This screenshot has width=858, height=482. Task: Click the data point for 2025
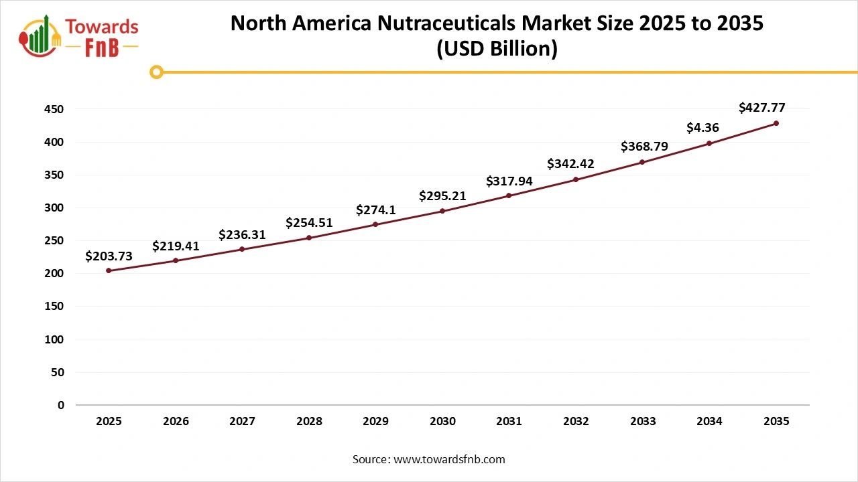(x=109, y=270)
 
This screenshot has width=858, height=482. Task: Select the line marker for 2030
(x=442, y=211)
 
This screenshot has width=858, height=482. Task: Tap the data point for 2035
(x=776, y=123)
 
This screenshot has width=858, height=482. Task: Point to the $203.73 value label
(x=109, y=256)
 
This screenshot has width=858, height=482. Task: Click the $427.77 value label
(x=761, y=107)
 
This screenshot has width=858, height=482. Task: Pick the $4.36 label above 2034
(x=704, y=127)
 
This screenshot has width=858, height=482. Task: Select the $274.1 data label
(x=375, y=210)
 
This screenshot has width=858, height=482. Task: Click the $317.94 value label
(x=509, y=181)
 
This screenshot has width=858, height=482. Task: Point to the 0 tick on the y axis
(x=61, y=405)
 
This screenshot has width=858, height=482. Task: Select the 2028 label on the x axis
(x=309, y=422)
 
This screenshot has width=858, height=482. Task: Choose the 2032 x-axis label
(x=576, y=422)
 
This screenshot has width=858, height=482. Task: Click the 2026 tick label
(x=176, y=422)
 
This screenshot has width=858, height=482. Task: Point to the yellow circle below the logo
(x=156, y=72)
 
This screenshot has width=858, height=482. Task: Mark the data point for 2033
(x=642, y=162)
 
